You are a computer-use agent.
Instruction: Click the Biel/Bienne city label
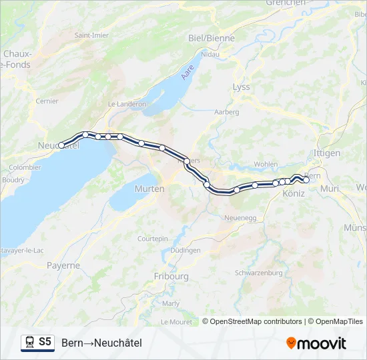(x=212, y=39)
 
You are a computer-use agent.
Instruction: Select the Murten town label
(x=149, y=189)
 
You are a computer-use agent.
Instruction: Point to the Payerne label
(x=63, y=265)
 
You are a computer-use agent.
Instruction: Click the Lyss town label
(x=241, y=87)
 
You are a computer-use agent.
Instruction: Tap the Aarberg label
(x=226, y=112)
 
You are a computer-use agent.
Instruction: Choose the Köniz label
(x=294, y=193)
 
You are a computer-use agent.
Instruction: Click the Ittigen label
(x=326, y=153)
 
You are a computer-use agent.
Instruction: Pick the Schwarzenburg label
(x=259, y=273)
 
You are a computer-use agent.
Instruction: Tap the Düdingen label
(x=185, y=251)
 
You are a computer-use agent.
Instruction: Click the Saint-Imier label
(x=91, y=35)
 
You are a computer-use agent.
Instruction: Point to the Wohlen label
(x=266, y=163)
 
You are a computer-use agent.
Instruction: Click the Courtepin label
(x=152, y=239)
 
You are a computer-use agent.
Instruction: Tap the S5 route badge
(x=45, y=342)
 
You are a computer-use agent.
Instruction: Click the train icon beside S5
(x=29, y=343)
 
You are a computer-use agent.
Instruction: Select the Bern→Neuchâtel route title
(x=101, y=343)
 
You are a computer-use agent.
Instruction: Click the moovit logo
(x=316, y=343)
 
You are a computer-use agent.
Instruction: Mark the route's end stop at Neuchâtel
(x=61, y=145)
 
